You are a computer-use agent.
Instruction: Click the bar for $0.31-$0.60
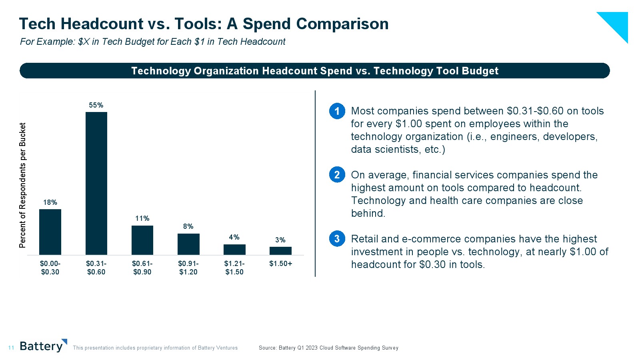96,183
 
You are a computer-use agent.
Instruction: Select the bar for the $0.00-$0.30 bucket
50,232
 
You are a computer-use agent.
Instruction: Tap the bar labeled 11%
142,240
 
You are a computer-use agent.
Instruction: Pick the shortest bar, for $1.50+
280,251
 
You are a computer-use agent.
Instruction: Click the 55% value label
96,105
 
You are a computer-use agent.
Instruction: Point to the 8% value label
188,226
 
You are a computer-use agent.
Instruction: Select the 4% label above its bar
234,237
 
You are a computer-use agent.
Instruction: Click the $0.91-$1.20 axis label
188,268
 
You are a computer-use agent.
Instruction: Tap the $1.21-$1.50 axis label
234,268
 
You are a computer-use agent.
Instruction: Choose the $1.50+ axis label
280,264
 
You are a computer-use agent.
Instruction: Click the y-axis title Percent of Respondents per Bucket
23,185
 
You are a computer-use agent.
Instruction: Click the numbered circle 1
337,111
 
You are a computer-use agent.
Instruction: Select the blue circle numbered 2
337,175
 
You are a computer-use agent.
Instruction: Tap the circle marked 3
337,239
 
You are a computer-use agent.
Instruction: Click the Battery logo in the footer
42,346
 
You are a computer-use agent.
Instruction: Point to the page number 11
11,348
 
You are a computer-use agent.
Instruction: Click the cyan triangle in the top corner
618,22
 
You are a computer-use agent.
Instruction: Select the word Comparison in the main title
342,24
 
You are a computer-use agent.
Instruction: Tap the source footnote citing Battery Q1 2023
328,348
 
